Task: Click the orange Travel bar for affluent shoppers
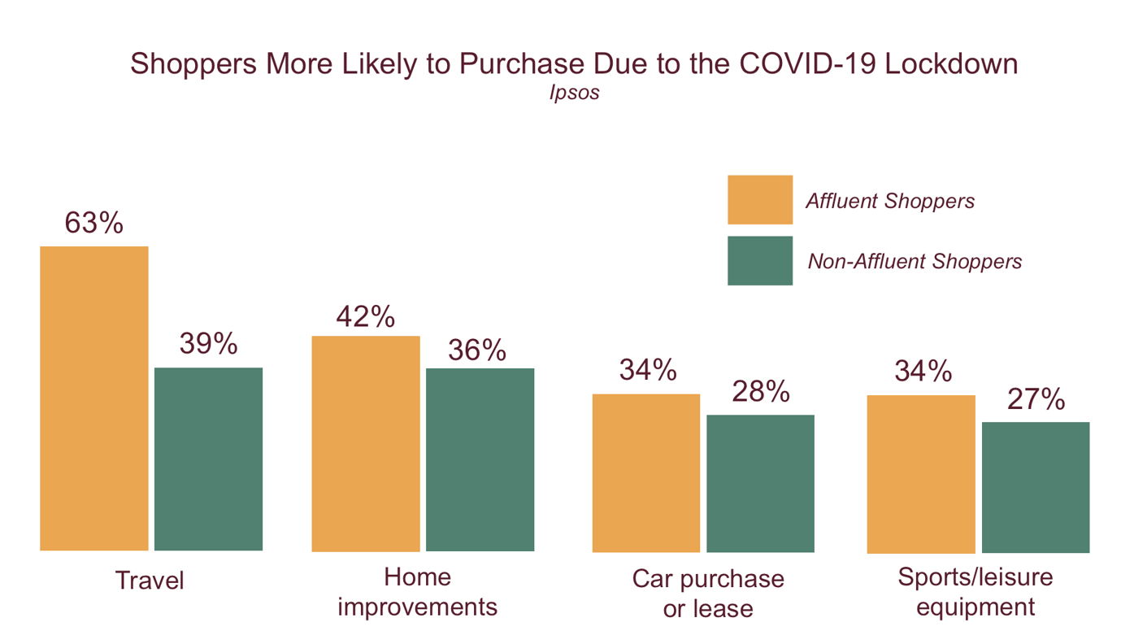94,398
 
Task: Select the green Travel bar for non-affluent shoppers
208,459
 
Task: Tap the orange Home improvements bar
366,443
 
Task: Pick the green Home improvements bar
480,459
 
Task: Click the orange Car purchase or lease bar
645,472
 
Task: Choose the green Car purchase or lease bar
760,483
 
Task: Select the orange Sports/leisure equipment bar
921,473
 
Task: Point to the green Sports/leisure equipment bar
1036,487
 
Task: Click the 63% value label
94,223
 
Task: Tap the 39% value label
208,344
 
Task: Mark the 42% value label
366,317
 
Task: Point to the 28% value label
760,391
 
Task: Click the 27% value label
1036,399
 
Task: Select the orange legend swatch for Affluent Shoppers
759,200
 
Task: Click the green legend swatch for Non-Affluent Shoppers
759,261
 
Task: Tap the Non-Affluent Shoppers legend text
915,261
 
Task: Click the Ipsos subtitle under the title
574,93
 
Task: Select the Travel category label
150,581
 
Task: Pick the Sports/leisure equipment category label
975,592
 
